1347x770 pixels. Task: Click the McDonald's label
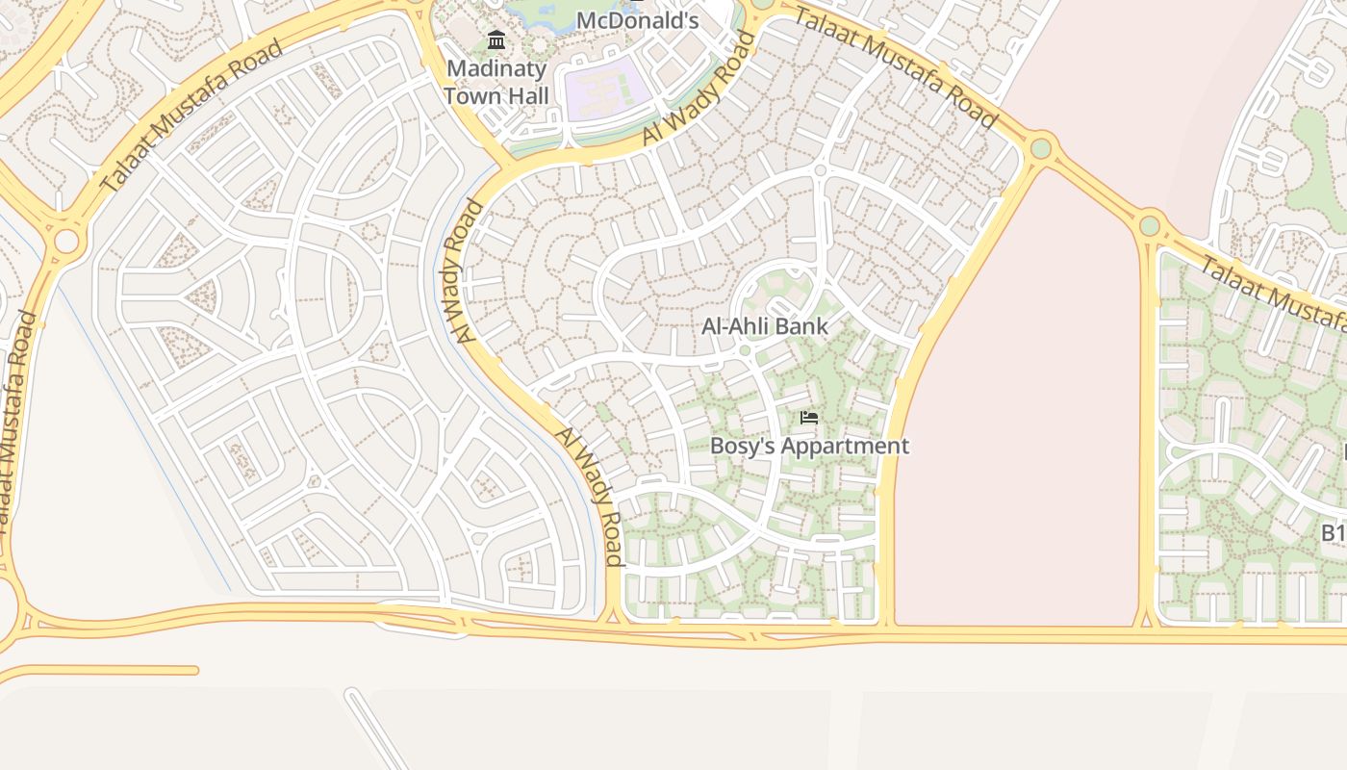(x=637, y=19)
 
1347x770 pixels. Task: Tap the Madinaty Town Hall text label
(x=496, y=82)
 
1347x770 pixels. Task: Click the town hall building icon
(x=496, y=39)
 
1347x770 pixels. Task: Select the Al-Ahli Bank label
(x=764, y=326)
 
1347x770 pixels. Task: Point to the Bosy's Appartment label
(x=809, y=446)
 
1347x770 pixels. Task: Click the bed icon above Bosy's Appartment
(x=809, y=417)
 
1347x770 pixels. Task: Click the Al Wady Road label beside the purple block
(x=698, y=90)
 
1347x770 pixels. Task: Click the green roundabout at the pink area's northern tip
(x=1040, y=148)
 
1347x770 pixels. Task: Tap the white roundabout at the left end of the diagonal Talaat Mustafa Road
(x=65, y=241)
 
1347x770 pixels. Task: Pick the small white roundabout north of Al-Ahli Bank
(x=821, y=170)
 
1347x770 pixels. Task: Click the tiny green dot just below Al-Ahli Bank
(x=744, y=350)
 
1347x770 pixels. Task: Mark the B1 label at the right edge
(x=1332, y=532)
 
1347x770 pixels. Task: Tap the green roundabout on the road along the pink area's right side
(x=1149, y=226)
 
